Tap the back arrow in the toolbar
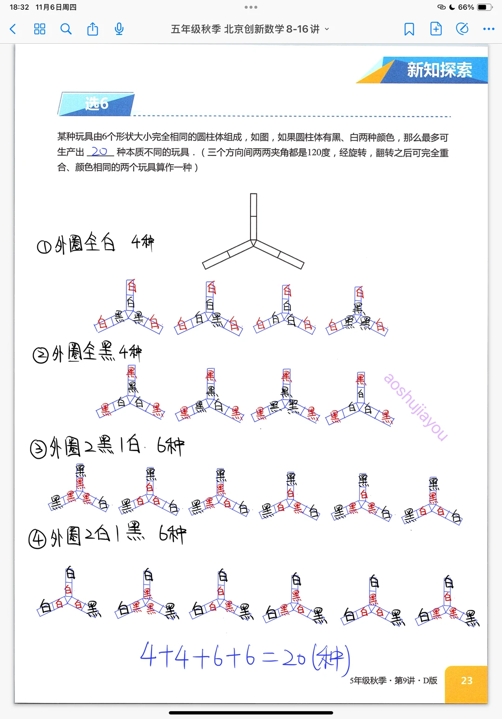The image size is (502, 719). (x=13, y=29)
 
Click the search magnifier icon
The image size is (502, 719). (x=66, y=29)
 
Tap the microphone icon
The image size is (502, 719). (x=119, y=29)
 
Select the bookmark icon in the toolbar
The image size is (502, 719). (x=409, y=29)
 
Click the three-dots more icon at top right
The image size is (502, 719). (x=489, y=29)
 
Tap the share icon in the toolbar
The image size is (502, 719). (x=92, y=29)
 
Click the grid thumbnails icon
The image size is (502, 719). (x=40, y=29)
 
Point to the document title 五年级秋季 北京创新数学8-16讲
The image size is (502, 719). (x=245, y=29)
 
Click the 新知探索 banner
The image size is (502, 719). (x=439, y=70)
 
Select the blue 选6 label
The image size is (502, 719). (x=97, y=104)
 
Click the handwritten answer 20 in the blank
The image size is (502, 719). (x=99, y=152)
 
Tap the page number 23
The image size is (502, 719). (x=466, y=681)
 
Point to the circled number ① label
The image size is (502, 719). (x=44, y=246)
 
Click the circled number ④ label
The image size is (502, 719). (x=37, y=539)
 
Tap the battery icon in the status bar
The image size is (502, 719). (x=484, y=7)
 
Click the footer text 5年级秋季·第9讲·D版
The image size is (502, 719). (x=393, y=681)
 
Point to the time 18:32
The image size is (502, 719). (x=20, y=7)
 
